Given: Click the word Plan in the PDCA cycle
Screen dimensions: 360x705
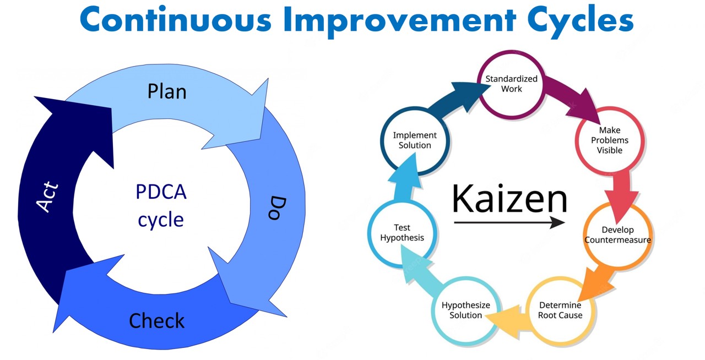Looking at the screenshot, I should pos(167,91).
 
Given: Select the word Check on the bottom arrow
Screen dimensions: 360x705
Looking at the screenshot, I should pos(157,320).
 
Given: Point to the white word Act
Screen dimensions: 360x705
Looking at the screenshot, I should pos(47,197).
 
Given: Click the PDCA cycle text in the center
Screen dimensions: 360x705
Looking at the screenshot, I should pos(161,206).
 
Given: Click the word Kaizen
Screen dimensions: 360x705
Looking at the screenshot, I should pos(509,199).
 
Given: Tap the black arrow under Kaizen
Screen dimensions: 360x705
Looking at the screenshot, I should pos(509,222).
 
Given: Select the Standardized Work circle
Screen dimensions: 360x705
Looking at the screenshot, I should pos(511,84).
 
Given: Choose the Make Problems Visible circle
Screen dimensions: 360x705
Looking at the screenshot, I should pos(610,140).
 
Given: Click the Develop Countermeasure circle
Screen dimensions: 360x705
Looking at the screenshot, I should pos(617,235).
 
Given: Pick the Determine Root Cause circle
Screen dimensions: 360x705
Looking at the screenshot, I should pos(560,310).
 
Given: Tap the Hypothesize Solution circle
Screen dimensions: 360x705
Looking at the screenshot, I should pos(465,310).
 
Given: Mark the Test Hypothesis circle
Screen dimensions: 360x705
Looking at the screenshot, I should pos(402,233).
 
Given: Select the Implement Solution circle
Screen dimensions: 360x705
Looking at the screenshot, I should pos(415,140).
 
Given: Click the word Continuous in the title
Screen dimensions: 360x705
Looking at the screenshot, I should pos(176,20).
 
